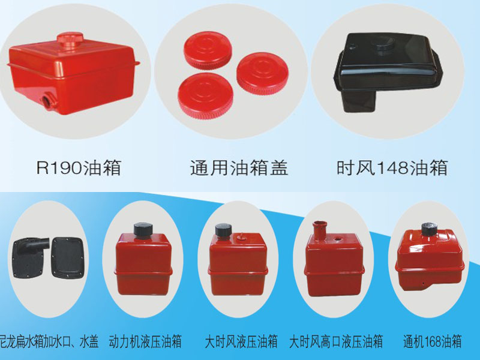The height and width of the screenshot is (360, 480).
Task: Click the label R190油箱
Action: [79, 168]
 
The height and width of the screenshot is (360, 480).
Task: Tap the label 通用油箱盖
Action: [239, 168]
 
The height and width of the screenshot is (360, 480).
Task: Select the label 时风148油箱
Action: [392, 168]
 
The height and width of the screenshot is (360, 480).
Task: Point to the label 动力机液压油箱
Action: [145, 341]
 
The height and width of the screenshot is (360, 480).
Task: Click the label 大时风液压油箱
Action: [241, 341]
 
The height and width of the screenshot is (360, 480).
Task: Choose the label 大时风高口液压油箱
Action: [336, 341]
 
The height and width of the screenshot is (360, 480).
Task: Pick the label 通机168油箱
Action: [432, 341]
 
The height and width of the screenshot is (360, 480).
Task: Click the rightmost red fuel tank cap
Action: [262, 73]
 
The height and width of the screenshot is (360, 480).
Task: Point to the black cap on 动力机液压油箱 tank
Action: [143, 229]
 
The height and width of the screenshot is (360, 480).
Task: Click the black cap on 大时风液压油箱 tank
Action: [223, 230]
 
